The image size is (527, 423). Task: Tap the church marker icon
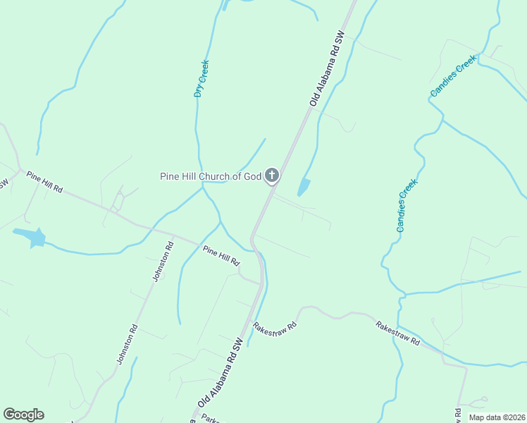click(x=271, y=176)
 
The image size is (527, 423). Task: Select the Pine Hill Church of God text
click(x=211, y=176)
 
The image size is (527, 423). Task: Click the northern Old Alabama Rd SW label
click(x=326, y=68)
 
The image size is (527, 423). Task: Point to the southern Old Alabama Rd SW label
click(x=221, y=372)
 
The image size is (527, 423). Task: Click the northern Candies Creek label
click(x=454, y=80)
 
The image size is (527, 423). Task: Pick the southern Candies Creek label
click(x=407, y=205)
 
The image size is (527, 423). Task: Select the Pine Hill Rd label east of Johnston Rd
click(x=221, y=255)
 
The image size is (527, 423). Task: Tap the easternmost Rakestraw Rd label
click(x=397, y=333)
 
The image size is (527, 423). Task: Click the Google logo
click(x=23, y=415)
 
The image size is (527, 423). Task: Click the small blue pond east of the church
click(x=304, y=187)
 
